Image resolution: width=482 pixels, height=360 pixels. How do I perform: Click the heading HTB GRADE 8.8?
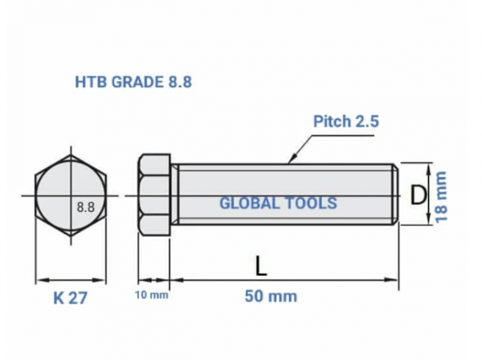(x=133, y=82)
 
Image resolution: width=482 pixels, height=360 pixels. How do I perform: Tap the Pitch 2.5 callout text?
(x=345, y=121)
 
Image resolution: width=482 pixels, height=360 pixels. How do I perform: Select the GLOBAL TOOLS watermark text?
(x=278, y=203)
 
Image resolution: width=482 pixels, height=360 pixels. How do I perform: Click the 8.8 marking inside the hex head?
(x=86, y=206)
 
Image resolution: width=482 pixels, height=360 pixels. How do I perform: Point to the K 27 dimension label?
(x=70, y=298)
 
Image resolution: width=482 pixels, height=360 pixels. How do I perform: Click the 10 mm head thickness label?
(x=152, y=296)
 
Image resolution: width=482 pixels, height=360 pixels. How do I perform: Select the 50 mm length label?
(x=271, y=297)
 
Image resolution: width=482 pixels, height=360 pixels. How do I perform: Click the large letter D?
(x=417, y=195)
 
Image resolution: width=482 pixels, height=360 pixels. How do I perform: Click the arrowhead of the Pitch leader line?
(x=288, y=161)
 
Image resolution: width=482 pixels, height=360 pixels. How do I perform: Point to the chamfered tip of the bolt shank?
(x=395, y=195)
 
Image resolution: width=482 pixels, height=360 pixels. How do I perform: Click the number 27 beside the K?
(x=77, y=298)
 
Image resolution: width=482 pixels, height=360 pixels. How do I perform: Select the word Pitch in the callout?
(x=331, y=121)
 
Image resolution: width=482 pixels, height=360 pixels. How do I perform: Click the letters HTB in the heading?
(x=88, y=82)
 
